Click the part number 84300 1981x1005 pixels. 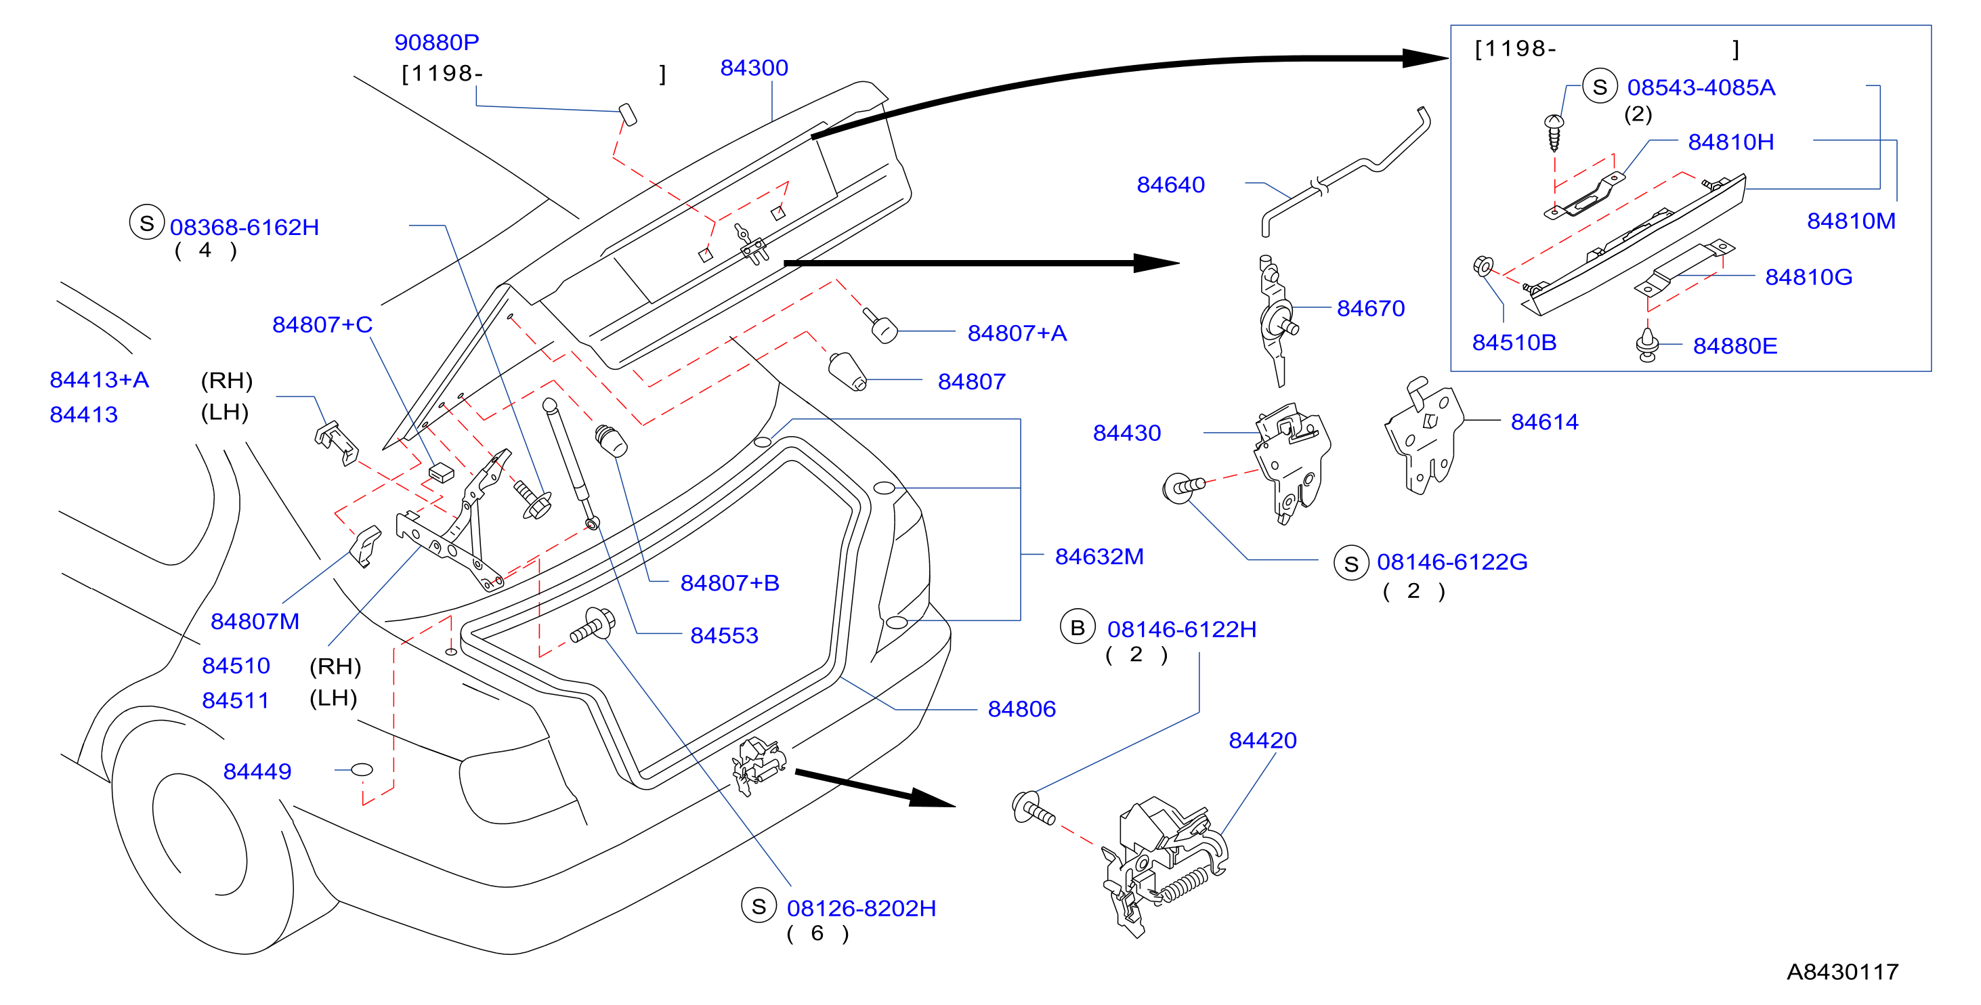point(754,68)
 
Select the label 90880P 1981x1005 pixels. point(436,42)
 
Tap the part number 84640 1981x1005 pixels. point(1170,185)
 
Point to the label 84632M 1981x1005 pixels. point(1099,556)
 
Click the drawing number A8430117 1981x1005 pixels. point(1843,972)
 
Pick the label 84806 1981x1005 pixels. point(1021,709)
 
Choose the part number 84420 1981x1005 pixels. point(1262,740)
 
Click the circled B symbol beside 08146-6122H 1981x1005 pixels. point(1078,628)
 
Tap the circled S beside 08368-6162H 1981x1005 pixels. point(147,223)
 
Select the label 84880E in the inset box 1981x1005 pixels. point(1735,346)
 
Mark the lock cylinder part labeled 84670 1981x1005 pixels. point(1277,320)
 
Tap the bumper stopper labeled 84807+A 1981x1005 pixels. point(880,326)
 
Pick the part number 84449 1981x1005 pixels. point(257,771)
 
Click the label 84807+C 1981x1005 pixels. point(322,324)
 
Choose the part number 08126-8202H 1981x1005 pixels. point(861,908)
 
